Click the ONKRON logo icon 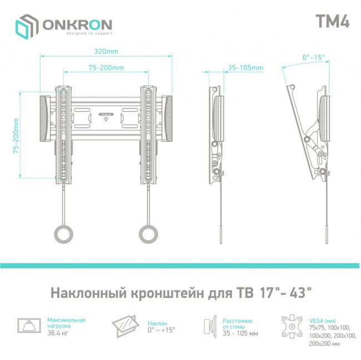pyautogui.click(x=25, y=26)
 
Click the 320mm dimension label pyautogui.click(x=106, y=52)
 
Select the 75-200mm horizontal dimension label pyautogui.click(x=106, y=68)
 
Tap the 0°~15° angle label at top pyautogui.click(x=313, y=57)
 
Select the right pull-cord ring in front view pyautogui.click(x=149, y=233)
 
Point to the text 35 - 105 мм pyautogui.click(x=240, y=333)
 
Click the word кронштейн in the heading pyautogui.click(x=163, y=292)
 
